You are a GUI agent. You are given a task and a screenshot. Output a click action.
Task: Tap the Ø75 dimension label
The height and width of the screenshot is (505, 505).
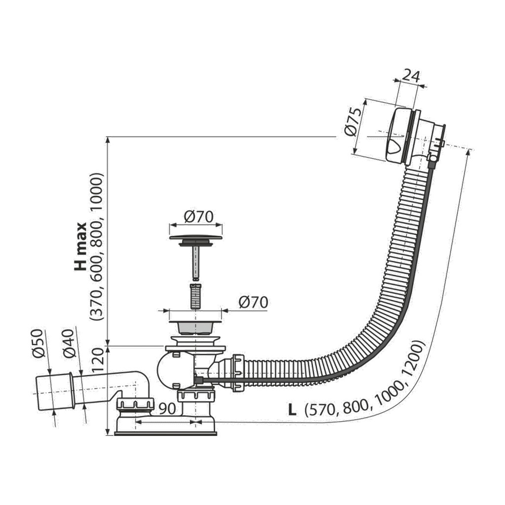[x=353, y=122]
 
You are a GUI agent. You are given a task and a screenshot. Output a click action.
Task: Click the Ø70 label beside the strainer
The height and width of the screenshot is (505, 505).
[x=253, y=302]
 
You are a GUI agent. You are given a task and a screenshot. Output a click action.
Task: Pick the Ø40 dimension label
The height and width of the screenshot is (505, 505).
[x=69, y=344]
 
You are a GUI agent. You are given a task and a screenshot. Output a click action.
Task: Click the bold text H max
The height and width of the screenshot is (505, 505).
[x=80, y=247]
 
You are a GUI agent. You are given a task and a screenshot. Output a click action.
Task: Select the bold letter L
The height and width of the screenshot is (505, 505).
[x=292, y=409]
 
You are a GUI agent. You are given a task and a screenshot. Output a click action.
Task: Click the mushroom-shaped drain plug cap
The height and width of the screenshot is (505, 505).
[x=195, y=239]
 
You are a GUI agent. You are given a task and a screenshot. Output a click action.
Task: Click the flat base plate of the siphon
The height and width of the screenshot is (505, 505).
[x=165, y=433]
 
